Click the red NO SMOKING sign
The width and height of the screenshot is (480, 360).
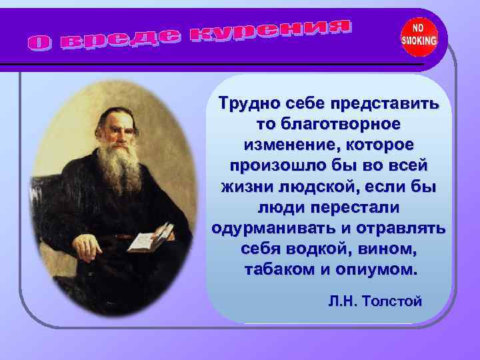[x=419, y=36]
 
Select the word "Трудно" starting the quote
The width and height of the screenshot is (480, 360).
[x=251, y=105]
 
